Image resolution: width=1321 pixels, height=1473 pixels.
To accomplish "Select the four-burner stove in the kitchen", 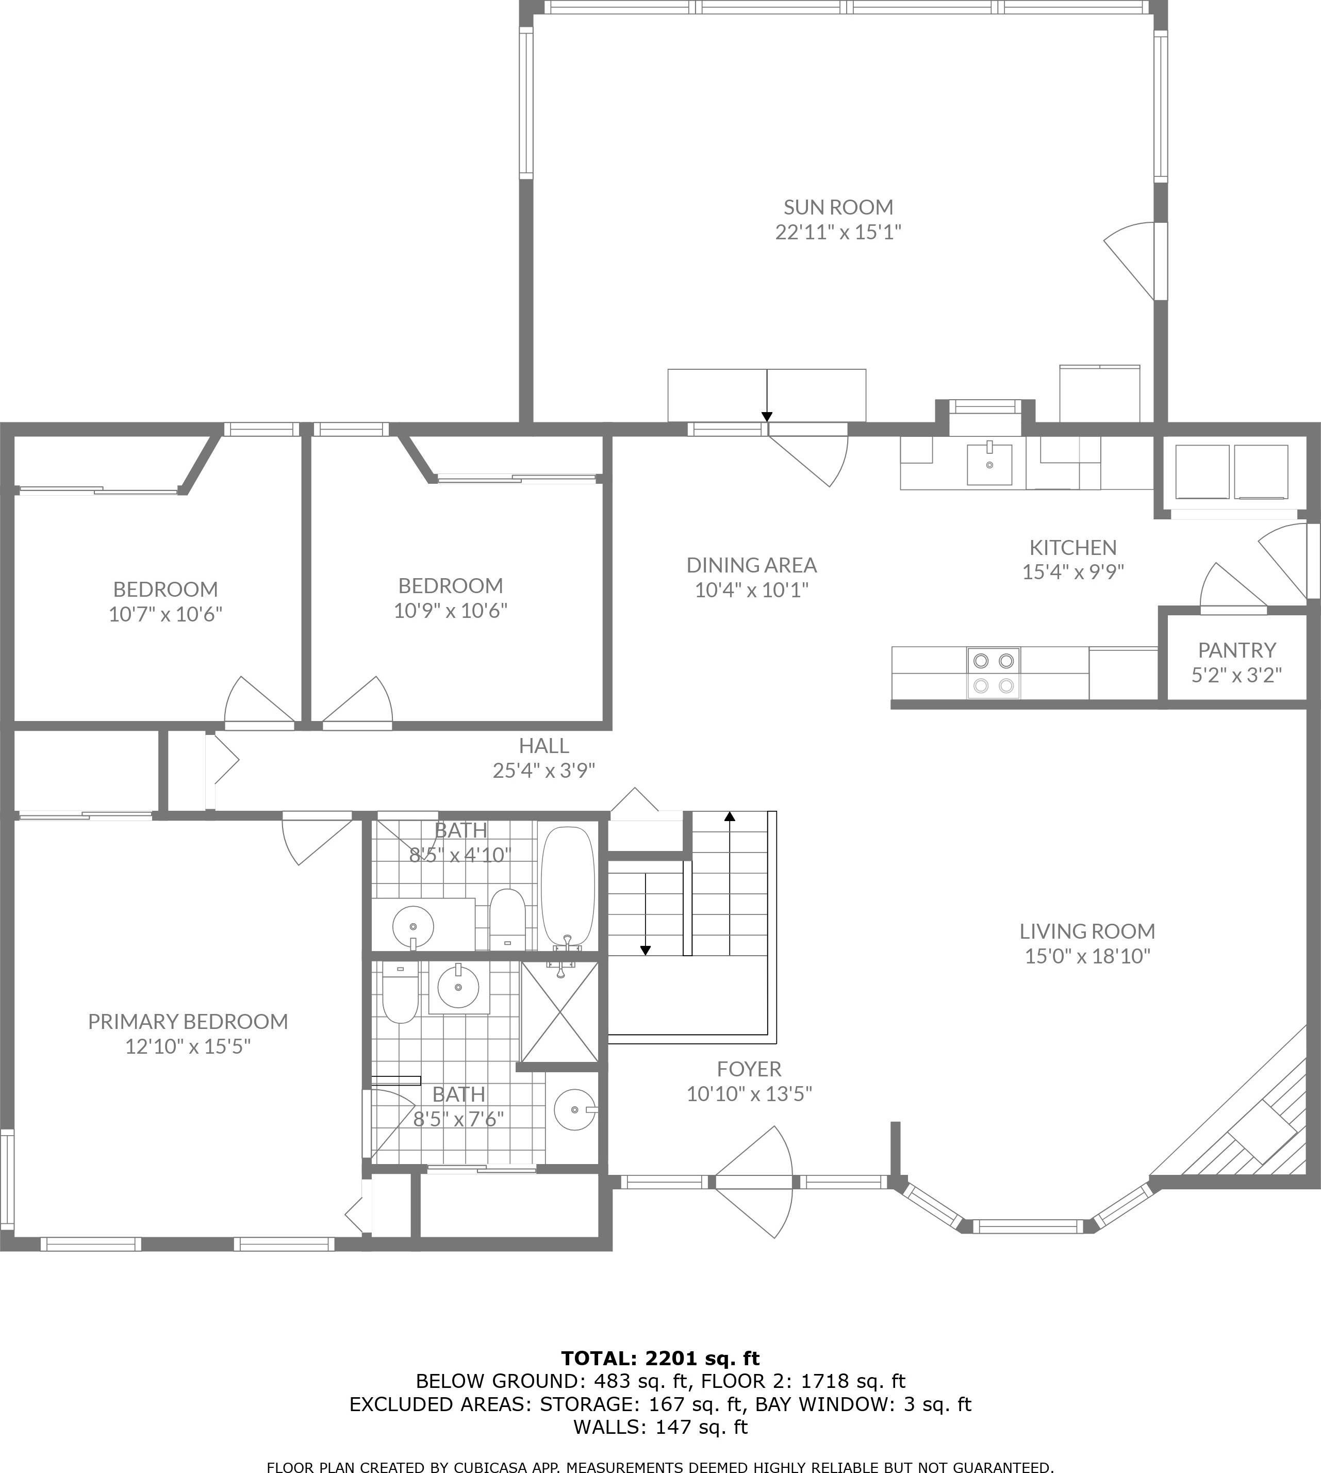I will click(x=993, y=673).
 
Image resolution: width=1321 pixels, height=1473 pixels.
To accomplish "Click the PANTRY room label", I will click(x=1236, y=650).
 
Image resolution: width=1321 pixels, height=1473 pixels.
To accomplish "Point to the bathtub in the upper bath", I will click(x=568, y=886).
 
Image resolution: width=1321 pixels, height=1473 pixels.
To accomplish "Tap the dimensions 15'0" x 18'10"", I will click(x=1087, y=956).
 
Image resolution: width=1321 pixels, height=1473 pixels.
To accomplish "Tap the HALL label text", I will click(x=543, y=746).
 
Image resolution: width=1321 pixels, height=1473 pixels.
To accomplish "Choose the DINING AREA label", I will click(x=751, y=565).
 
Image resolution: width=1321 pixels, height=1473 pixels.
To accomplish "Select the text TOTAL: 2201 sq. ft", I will click(x=660, y=1359).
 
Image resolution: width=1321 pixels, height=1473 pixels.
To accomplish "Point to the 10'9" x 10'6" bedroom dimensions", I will click(x=450, y=611).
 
